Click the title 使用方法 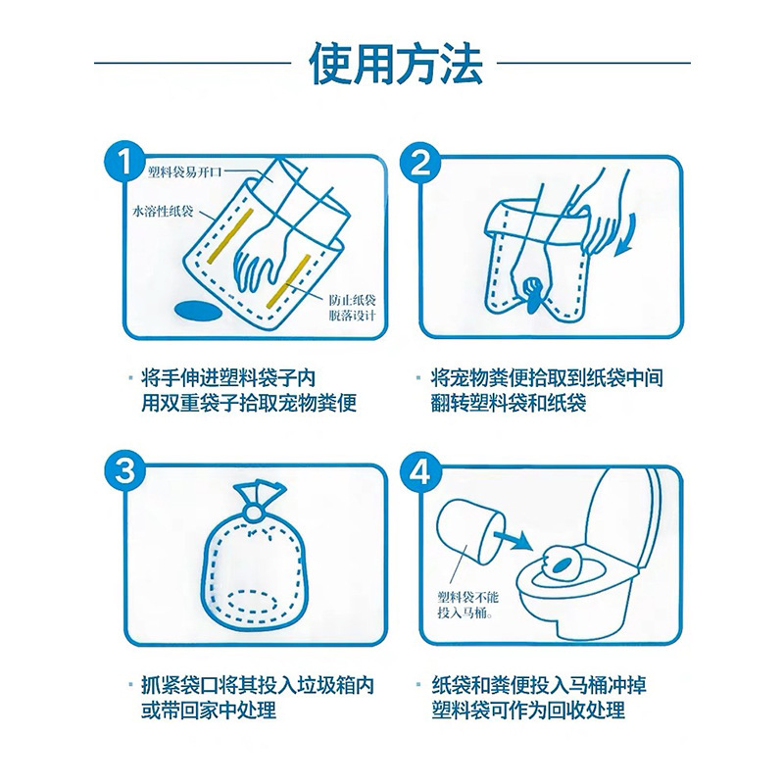click(396, 64)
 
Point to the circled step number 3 click(125, 470)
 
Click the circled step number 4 click(420, 470)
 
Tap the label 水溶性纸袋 click(163, 211)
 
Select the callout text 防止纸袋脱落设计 click(352, 308)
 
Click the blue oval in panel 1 click(198, 311)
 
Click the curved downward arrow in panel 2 click(626, 235)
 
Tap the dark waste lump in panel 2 click(532, 295)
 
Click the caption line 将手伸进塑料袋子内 click(228, 378)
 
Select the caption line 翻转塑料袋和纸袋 click(508, 403)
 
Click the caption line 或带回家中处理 click(208, 710)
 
